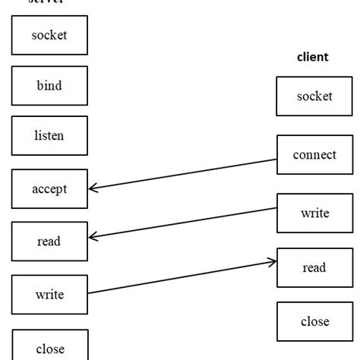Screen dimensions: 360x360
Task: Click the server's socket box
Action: (x=50, y=35)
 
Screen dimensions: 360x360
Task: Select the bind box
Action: (x=50, y=85)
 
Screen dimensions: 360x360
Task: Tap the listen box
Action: (x=50, y=136)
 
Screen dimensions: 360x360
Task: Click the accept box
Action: (x=50, y=189)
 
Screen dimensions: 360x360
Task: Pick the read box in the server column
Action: (x=50, y=242)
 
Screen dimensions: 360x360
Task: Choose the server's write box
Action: (x=50, y=295)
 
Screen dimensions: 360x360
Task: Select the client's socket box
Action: (x=314, y=96)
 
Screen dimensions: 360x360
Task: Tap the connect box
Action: (x=314, y=155)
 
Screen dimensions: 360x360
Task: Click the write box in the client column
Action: (x=314, y=213)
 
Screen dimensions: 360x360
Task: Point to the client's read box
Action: (x=314, y=267)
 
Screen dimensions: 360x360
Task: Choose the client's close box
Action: (x=314, y=321)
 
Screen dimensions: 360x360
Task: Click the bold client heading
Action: (x=312, y=57)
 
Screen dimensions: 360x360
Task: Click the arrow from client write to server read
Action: (x=182, y=224)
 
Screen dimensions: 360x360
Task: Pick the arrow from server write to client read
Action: (x=182, y=277)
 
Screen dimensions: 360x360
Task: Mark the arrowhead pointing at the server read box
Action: (x=93, y=238)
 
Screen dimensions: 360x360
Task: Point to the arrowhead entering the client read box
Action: (x=272, y=262)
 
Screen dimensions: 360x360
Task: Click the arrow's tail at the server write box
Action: (x=90, y=293)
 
